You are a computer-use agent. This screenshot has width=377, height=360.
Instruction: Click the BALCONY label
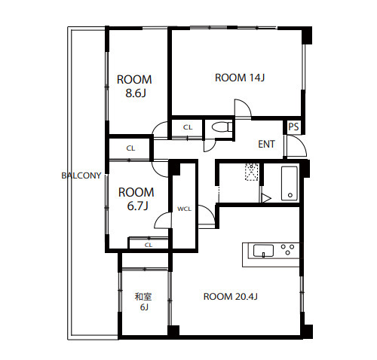(x=81, y=175)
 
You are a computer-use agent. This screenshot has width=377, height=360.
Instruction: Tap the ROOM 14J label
(x=240, y=78)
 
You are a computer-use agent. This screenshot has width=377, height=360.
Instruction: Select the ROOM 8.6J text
(x=134, y=86)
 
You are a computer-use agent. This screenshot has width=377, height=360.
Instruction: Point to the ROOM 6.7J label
(x=136, y=199)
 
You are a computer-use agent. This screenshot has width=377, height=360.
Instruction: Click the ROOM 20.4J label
(x=230, y=297)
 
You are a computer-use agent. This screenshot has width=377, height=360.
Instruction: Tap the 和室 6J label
(x=143, y=302)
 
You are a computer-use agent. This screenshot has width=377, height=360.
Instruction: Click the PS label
(x=293, y=127)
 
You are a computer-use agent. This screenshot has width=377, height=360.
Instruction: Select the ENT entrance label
(x=266, y=144)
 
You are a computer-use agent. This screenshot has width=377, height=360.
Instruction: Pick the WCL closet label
(x=184, y=209)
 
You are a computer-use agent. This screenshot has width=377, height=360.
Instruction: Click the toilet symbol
(x=222, y=127)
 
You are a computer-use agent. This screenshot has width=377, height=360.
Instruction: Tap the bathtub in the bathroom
(x=290, y=183)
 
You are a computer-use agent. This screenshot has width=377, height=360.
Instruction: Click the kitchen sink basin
(x=263, y=251)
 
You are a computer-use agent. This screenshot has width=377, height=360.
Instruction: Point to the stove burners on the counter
(x=287, y=249)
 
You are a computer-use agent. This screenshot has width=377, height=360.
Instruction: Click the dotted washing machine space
(x=252, y=172)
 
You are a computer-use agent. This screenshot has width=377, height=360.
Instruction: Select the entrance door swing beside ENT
(x=297, y=146)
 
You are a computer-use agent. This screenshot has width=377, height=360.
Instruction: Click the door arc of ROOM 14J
(x=243, y=108)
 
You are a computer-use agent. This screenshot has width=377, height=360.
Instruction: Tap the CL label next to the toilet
(x=188, y=127)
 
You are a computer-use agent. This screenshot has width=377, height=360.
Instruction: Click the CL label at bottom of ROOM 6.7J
(x=149, y=245)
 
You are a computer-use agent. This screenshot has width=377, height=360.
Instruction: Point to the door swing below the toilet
(x=210, y=145)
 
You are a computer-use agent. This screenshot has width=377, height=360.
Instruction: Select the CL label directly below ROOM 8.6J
(x=130, y=148)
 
